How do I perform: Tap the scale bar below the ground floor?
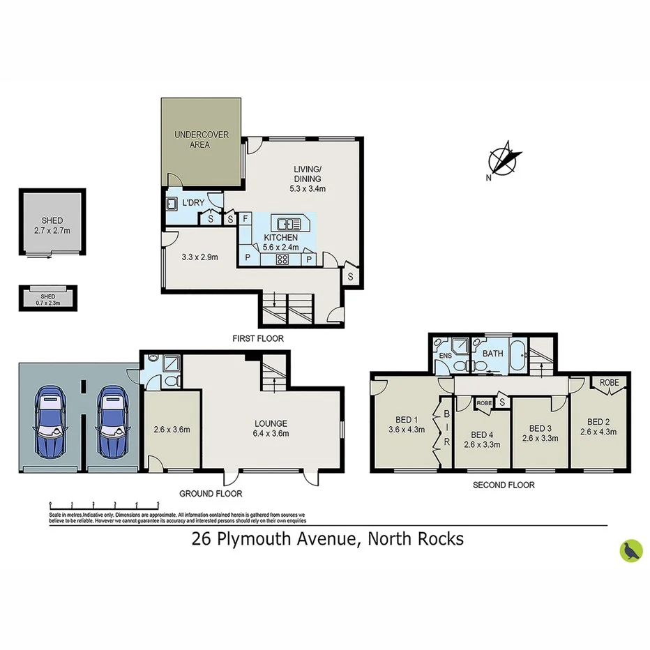pos(105,504)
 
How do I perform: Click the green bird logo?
pos(630,550)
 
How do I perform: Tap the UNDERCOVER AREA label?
pos(202,139)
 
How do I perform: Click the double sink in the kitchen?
pos(289,224)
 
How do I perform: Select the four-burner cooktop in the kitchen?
pos(283,259)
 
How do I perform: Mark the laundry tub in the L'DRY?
pos(172,205)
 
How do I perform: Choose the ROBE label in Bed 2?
pos(610,383)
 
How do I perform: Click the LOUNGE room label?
pos(271,423)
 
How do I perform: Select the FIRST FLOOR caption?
pos(258,338)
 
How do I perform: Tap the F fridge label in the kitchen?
pos(246,218)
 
